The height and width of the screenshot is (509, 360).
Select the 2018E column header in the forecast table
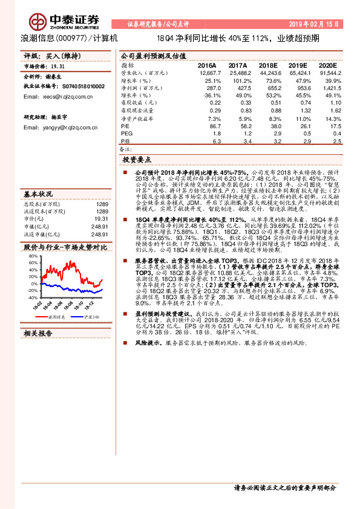(270, 65)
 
